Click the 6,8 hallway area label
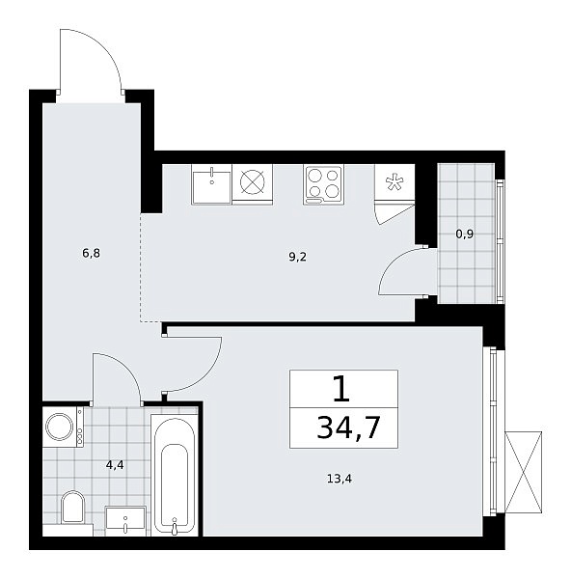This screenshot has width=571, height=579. coord(92,254)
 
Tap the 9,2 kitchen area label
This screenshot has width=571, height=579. coord(297,257)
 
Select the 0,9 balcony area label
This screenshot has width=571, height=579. coord(465,234)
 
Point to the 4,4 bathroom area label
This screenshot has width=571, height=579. coord(115,465)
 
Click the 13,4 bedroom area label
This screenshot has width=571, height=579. coord(340,479)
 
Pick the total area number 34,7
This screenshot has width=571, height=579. coord(348,427)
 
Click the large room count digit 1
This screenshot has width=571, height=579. coord(341,389)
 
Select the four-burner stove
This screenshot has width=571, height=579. coord(324,184)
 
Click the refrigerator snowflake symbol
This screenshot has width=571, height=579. coord(394,182)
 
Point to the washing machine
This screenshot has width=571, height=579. coord(63,427)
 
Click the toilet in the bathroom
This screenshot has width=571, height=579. coord(72,507)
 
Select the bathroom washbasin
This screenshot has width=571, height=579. coord(125,521)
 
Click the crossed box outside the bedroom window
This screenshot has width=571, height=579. coord(523,472)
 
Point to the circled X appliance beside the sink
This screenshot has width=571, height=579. coord(253,182)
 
